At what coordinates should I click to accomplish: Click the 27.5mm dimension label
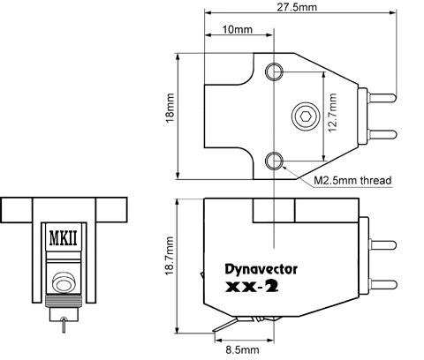[297, 7]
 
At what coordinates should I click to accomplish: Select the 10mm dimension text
[238, 29]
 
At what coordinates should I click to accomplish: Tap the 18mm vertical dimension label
[170, 108]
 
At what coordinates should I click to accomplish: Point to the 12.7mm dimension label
[332, 113]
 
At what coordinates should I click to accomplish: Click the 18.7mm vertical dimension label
[170, 256]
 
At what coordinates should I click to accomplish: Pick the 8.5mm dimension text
[242, 349]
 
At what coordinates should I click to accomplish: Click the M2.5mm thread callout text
[352, 180]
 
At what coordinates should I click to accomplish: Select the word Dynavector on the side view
[261, 269]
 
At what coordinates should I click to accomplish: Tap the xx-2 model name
[252, 287]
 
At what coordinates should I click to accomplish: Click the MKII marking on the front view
[64, 238]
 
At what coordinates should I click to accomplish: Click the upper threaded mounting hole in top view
[274, 71]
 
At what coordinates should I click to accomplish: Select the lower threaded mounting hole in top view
[274, 161]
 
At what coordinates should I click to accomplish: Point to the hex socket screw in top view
[306, 116]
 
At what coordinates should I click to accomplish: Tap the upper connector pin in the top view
[382, 98]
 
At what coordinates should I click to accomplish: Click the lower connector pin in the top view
[382, 135]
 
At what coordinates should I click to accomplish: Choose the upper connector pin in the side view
[382, 245]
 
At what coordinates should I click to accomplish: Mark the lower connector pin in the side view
[382, 284]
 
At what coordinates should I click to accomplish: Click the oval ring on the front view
[63, 286]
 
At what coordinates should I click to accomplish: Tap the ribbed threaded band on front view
[64, 301]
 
